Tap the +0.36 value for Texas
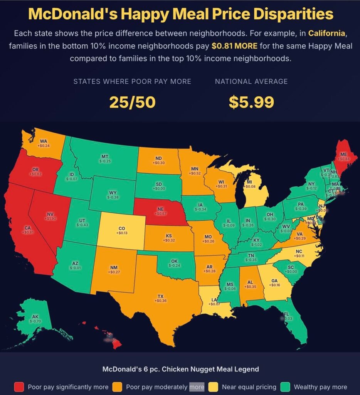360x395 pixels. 160,300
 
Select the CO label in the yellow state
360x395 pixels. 121,228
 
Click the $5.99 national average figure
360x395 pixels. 251,102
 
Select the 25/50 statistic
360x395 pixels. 132,102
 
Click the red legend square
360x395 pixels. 19,387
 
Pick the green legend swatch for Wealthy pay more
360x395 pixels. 285,387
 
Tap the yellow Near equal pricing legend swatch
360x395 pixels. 214,387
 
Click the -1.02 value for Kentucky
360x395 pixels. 256,245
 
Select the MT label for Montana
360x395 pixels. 104,156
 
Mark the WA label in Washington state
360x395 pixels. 44,141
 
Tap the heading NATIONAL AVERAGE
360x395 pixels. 251,81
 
